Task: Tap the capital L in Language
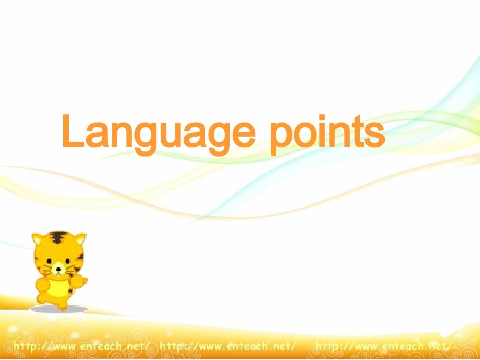point(71,131)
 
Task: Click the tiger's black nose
point(59,269)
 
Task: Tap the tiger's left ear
point(38,239)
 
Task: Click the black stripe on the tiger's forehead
point(59,237)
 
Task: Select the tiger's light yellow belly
point(60,288)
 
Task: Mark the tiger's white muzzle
point(59,272)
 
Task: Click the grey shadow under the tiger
point(59,308)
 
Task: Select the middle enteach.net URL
point(227,346)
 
